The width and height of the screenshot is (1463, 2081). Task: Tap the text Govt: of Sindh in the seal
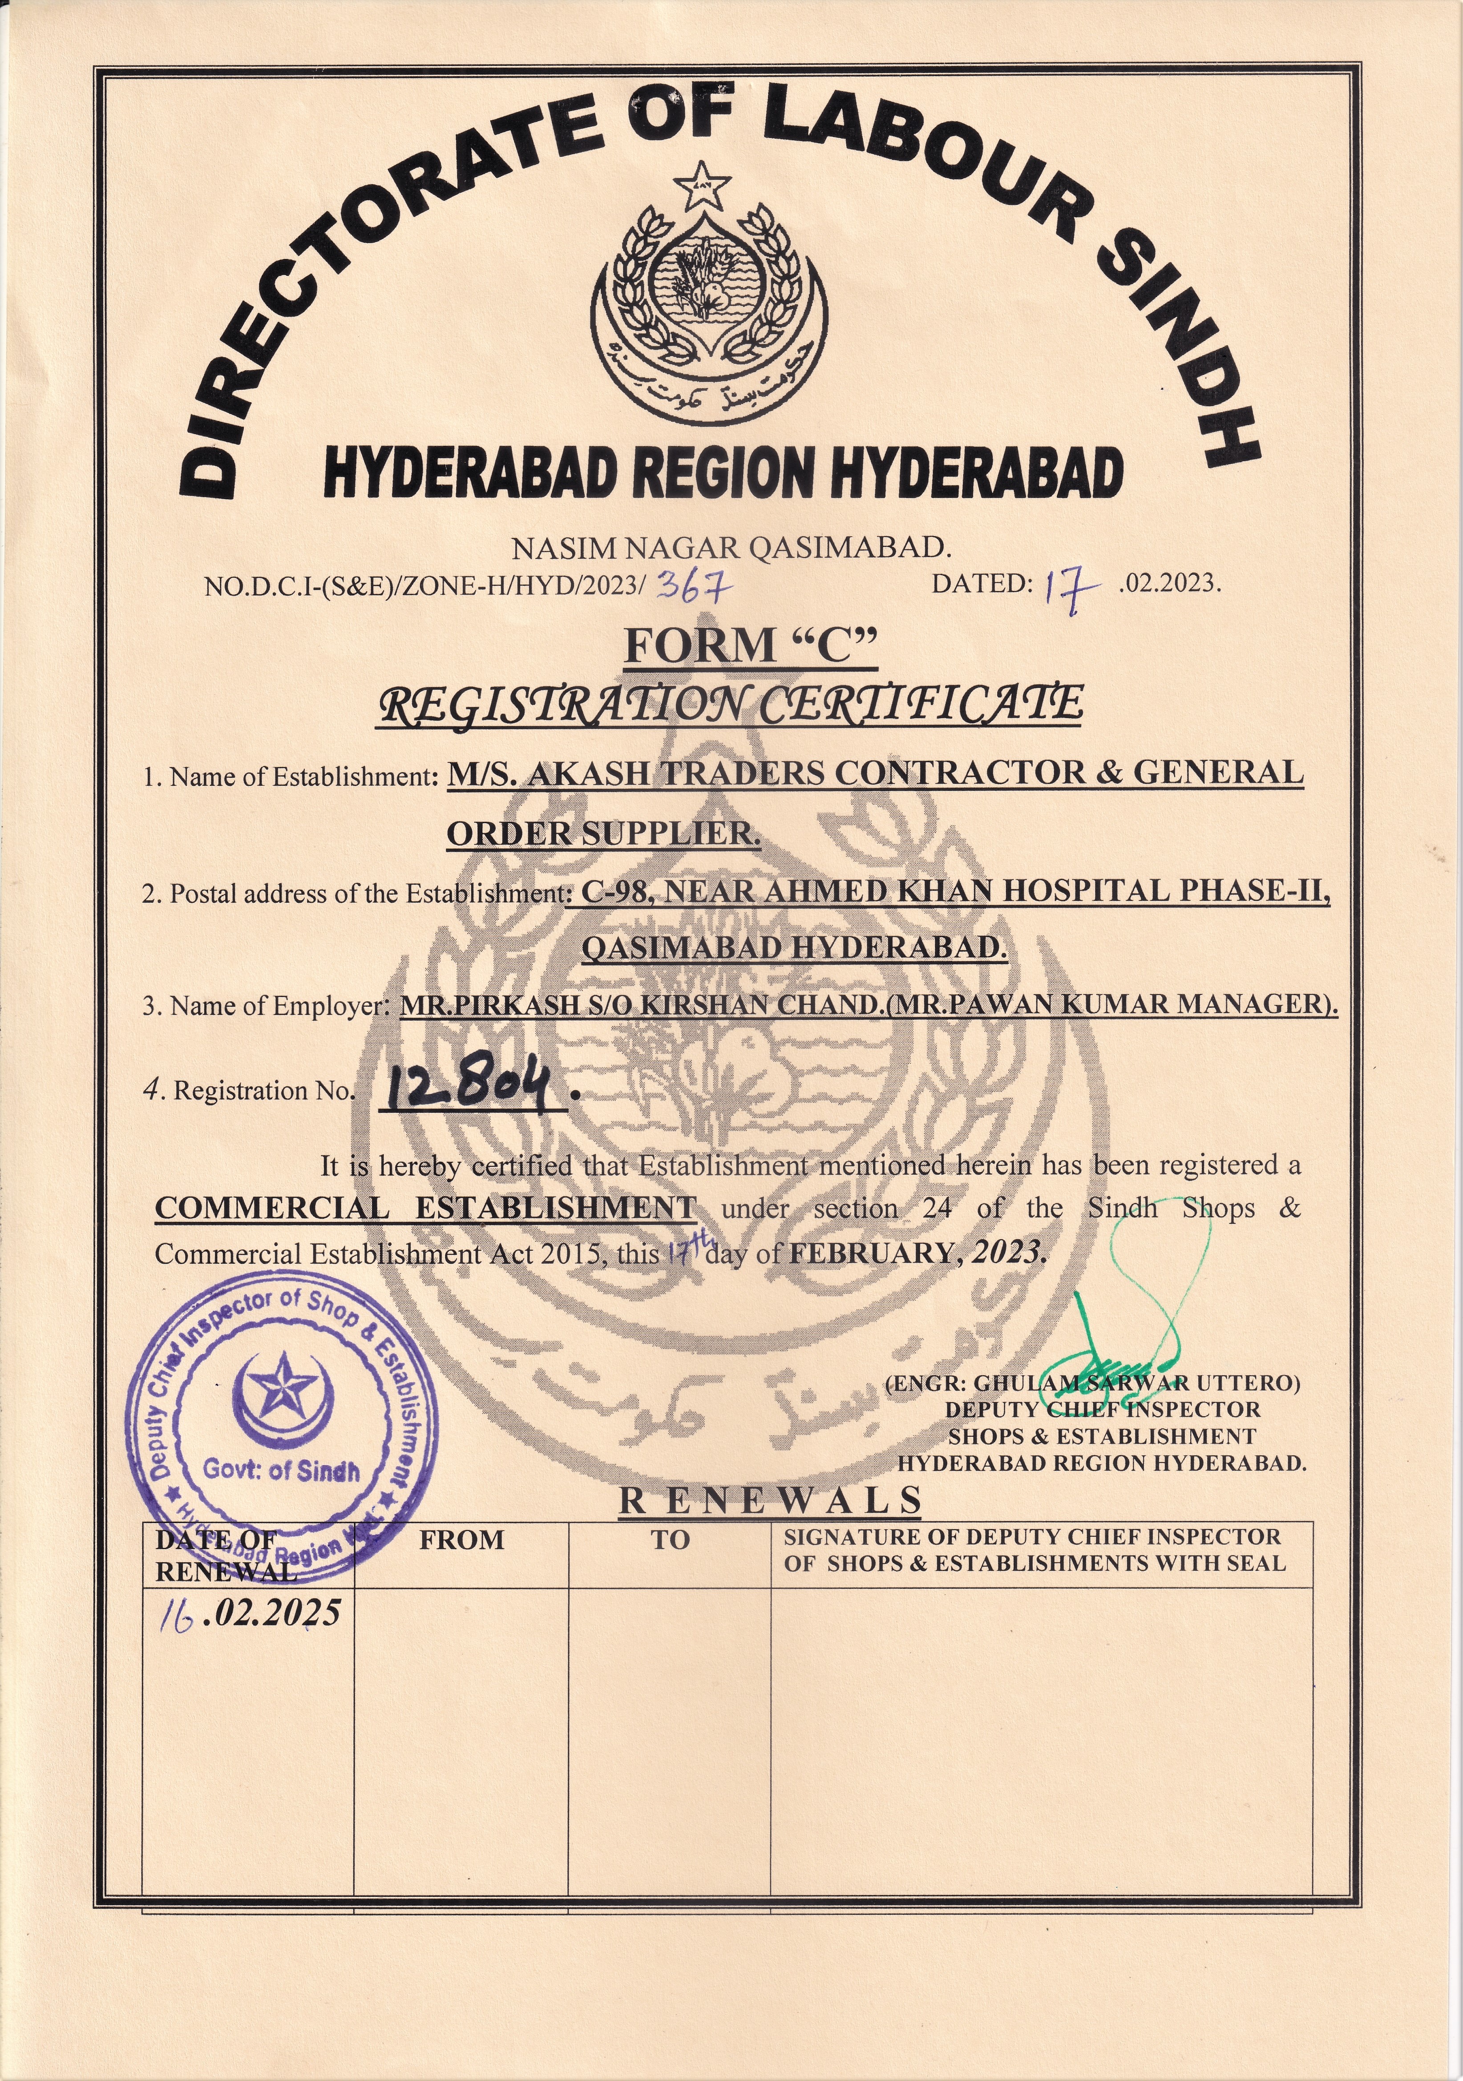click(x=281, y=1470)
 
